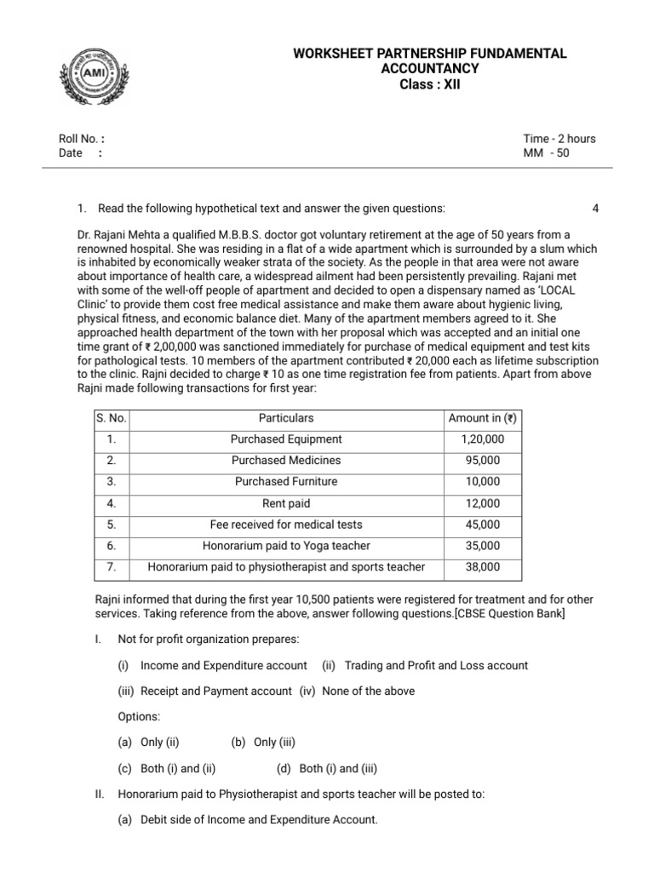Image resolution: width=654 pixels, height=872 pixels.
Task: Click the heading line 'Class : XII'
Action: [429, 84]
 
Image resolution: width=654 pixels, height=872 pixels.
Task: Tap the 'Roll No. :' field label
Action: [82, 139]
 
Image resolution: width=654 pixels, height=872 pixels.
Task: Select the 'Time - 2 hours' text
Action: [559, 139]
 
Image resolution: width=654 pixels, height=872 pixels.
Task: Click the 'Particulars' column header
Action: [286, 418]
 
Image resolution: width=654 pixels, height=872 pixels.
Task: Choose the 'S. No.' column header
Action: [111, 418]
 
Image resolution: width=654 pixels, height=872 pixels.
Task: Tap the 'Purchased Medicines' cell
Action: [286, 461]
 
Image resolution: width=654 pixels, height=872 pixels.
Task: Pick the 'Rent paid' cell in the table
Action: [286, 503]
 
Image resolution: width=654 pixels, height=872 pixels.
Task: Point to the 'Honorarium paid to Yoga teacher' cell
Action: [286, 546]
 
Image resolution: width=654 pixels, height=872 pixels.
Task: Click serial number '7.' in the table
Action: [111, 567]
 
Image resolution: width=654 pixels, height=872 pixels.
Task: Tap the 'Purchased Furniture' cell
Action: [286, 482]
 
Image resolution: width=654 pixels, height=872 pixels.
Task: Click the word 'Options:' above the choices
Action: [139, 717]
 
